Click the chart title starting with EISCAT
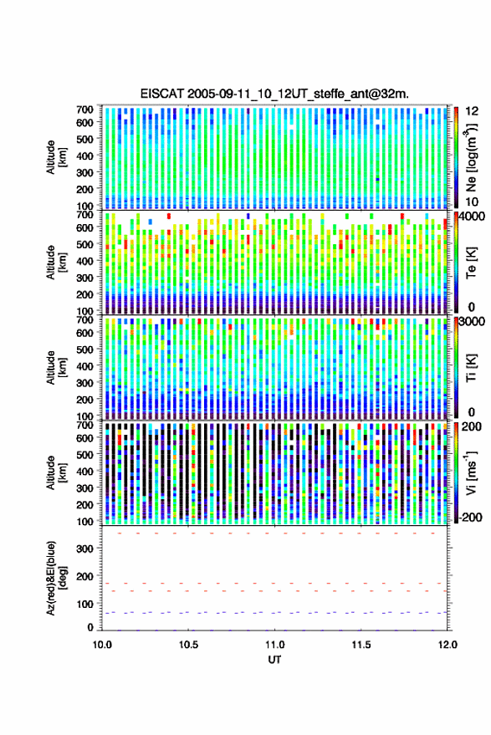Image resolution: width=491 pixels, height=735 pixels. (x=274, y=94)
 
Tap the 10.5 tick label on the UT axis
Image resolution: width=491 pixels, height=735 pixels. (x=188, y=645)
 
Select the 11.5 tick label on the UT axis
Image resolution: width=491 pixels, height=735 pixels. (x=361, y=645)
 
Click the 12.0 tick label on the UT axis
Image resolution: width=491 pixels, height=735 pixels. (x=448, y=645)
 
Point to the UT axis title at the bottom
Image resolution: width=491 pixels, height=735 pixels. (x=274, y=660)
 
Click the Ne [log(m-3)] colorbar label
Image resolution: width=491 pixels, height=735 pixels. (x=471, y=157)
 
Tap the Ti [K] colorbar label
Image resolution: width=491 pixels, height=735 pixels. (x=471, y=368)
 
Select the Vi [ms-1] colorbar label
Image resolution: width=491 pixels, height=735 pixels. (x=471, y=472)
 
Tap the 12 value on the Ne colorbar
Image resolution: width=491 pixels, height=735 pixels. (x=472, y=111)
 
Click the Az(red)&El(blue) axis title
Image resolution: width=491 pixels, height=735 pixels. (x=56, y=578)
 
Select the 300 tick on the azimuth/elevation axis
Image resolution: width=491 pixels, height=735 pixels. (x=84, y=549)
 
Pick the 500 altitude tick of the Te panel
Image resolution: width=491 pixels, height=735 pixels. (x=84, y=244)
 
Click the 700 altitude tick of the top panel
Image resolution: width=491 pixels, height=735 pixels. (x=84, y=110)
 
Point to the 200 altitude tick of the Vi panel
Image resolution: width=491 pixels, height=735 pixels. (x=84, y=505)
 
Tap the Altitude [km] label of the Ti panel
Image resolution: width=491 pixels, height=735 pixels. (x=56, y=368)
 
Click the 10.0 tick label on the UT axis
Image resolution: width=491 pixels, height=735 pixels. (x=102, y=645)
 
